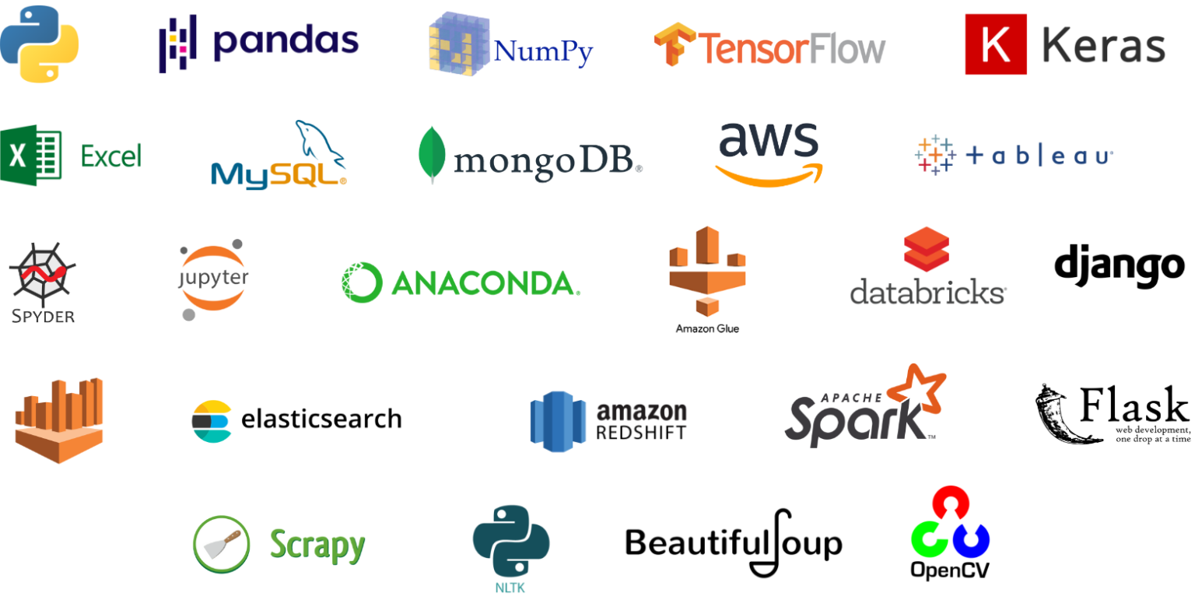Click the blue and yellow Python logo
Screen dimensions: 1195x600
coord(40,44)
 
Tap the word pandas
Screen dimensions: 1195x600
coord(286,42)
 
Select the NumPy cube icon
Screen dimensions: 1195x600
coord(459,44)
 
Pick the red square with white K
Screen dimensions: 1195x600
coord(996,44)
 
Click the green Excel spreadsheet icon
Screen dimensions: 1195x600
coord(31,155)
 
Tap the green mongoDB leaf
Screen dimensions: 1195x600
coord(432,154)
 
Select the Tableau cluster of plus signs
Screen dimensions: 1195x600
coord(935,156)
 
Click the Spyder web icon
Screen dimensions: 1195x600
coord(43,273)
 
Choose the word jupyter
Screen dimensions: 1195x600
coord(213,278)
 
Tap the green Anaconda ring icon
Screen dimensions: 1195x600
coord(363,282)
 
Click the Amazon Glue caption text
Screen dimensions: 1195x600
coord(707,329)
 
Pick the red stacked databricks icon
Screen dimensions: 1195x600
coord(927,249)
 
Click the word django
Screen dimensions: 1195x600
coord(1120,266)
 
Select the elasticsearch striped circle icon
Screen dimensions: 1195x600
coord(212,421)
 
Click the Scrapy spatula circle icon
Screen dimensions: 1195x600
coord(222,545)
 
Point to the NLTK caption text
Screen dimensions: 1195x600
coord(510,588)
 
